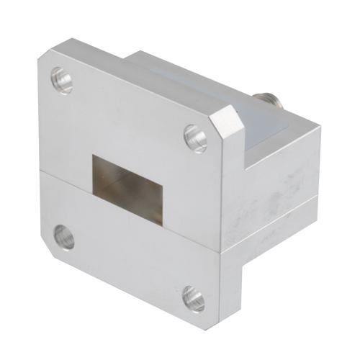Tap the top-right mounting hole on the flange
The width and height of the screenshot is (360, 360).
pyautogui.click(x=195, y=137)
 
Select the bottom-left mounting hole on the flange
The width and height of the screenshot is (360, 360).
pyautogui.click(x=63, y=236)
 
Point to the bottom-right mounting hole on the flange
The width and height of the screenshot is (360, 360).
pyautogui.click(x=193, y=297)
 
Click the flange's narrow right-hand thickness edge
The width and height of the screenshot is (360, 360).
pyautogui.click(x=231, y=216)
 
